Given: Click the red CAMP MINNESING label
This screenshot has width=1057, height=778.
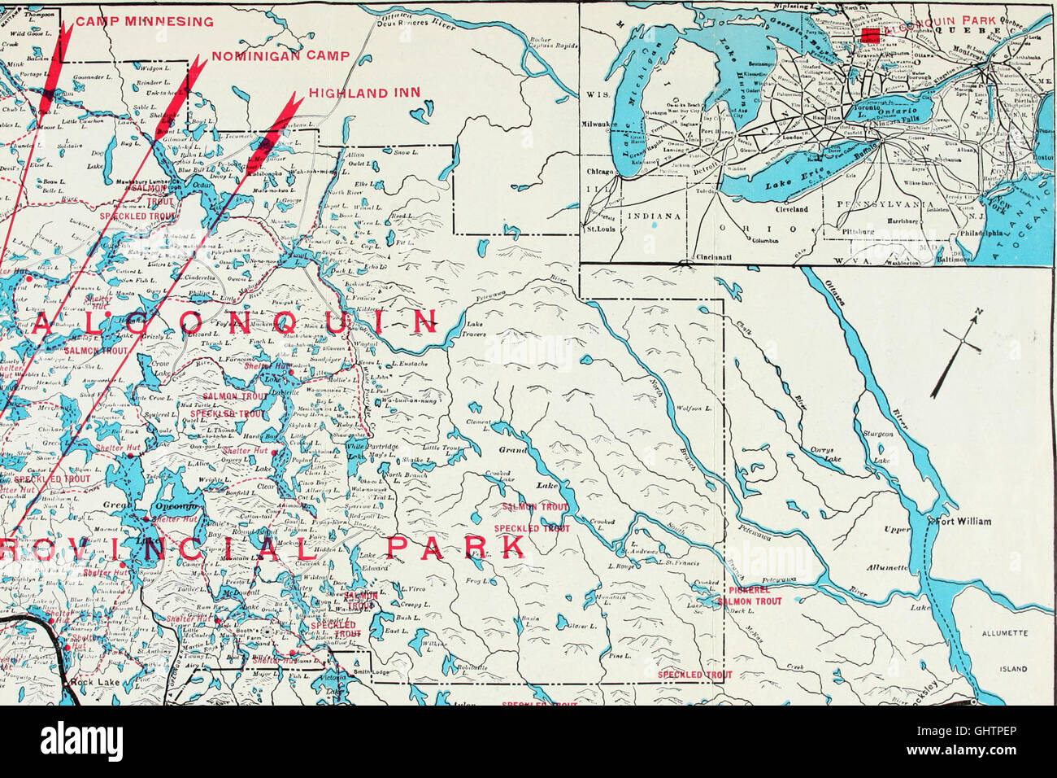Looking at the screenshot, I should coord(145,22).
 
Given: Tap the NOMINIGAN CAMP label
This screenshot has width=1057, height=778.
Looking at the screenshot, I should coord(281,56).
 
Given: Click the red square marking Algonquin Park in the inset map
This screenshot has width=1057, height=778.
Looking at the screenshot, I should coord(871,34).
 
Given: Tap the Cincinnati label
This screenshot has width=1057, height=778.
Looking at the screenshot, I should coord(716,257).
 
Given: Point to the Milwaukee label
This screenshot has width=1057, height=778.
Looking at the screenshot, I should coord(600,125).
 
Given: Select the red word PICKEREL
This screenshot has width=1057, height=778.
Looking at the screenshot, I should coord(749,590).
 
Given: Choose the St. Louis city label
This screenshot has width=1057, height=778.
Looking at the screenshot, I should coord(600,229).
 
